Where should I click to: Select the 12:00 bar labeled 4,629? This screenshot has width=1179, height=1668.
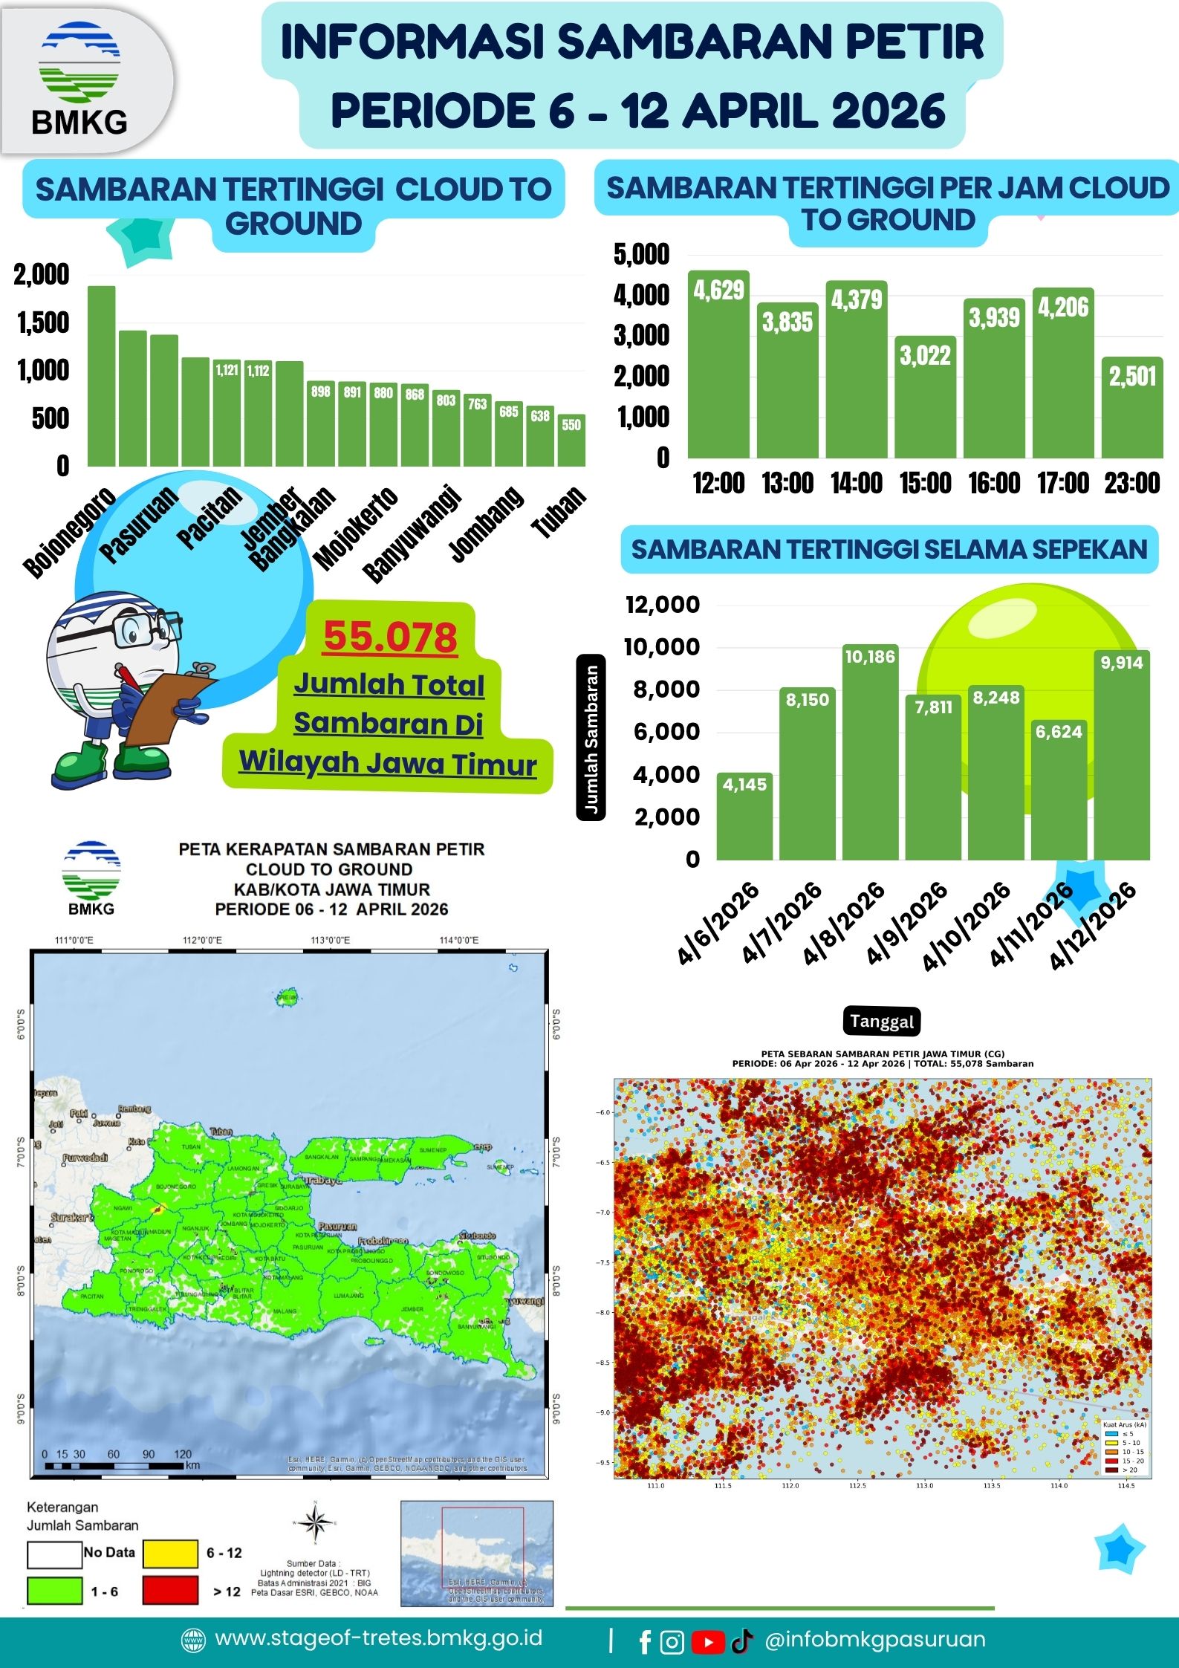[718, 364]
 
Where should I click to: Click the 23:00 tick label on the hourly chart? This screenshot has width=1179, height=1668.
[1131, 484]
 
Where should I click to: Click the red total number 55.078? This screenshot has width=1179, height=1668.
[391, 637]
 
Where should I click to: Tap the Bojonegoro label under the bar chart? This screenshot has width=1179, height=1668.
[68, 533]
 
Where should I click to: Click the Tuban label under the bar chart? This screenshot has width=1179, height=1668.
[559, 512]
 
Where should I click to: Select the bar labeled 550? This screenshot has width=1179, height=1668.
[571, 440]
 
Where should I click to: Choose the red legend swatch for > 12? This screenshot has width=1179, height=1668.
[170, 1591]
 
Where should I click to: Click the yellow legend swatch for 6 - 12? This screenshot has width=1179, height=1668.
[170, 1553]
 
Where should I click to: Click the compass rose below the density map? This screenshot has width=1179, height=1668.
[315, 1523]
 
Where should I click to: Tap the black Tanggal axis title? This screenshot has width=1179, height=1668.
[882, 1021]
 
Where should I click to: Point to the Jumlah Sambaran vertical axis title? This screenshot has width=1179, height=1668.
[591, 737]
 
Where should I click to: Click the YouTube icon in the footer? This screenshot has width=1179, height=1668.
[708, 1642]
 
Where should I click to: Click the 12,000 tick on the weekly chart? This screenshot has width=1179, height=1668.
[662, 604]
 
